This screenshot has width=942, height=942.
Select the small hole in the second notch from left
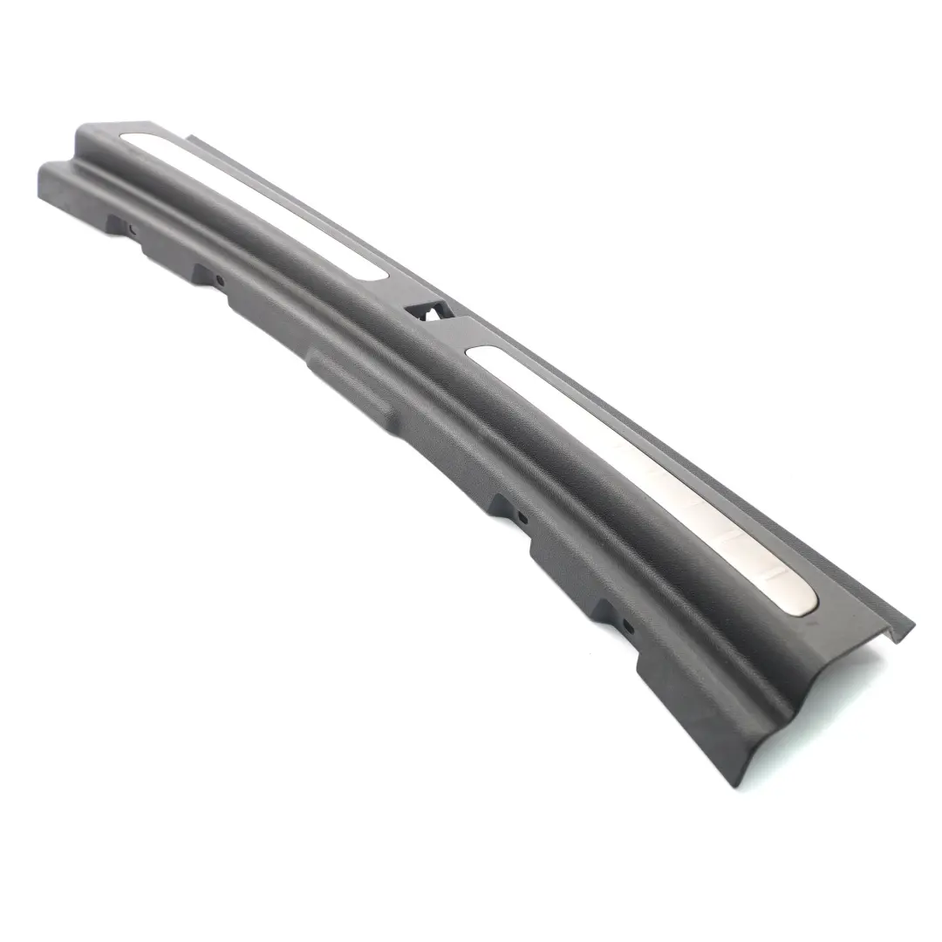point(219,280)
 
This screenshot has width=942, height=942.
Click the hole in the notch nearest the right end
point(626,625)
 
